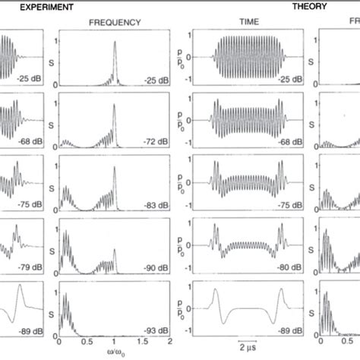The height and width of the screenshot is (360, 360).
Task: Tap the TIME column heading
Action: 248,22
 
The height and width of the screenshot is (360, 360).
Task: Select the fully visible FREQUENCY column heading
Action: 115,22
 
